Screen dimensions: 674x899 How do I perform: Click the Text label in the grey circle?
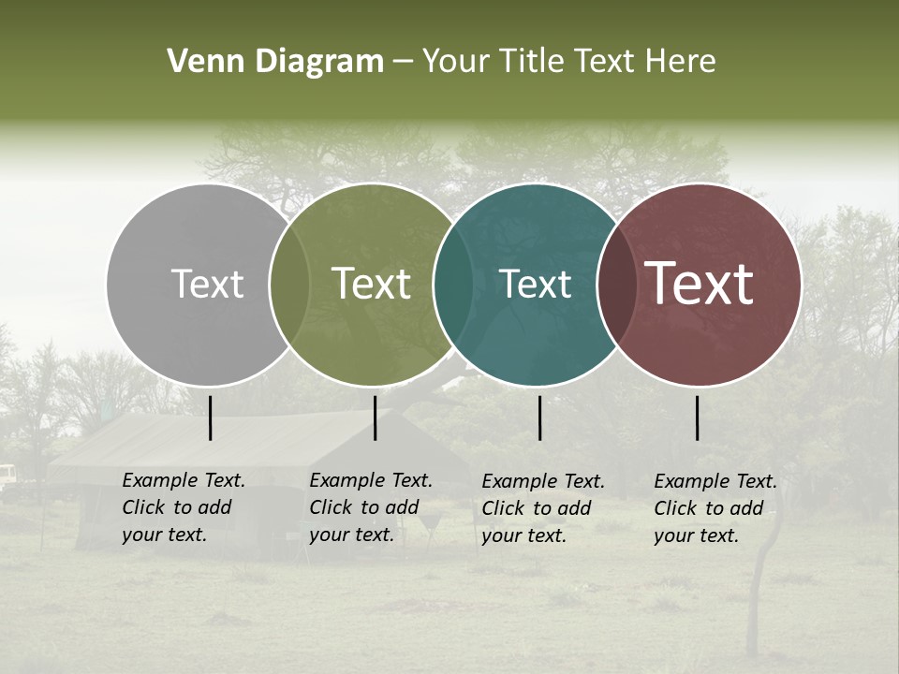(207, 284)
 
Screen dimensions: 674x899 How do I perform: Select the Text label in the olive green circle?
(372, 284)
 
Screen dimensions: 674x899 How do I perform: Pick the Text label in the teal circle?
(536, 284)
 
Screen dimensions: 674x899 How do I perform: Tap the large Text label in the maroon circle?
(700, 284)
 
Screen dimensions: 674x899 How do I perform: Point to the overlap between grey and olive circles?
(289, 284)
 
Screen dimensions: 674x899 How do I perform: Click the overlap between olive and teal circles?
(453, 284)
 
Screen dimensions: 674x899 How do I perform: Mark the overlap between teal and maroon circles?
(617, 284)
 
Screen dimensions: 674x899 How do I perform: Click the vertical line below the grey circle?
(210, 418)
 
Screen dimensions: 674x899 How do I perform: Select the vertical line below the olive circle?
(375, 418)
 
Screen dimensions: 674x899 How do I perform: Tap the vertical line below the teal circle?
(539, 418)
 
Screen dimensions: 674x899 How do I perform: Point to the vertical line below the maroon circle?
(697, 418)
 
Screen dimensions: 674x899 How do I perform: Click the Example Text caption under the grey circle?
(184, 507)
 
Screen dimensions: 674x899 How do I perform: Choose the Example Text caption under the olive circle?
(371, 507)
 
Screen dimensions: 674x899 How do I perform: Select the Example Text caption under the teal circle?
(543, 508)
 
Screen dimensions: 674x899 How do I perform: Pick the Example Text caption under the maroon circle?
(715, 508)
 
